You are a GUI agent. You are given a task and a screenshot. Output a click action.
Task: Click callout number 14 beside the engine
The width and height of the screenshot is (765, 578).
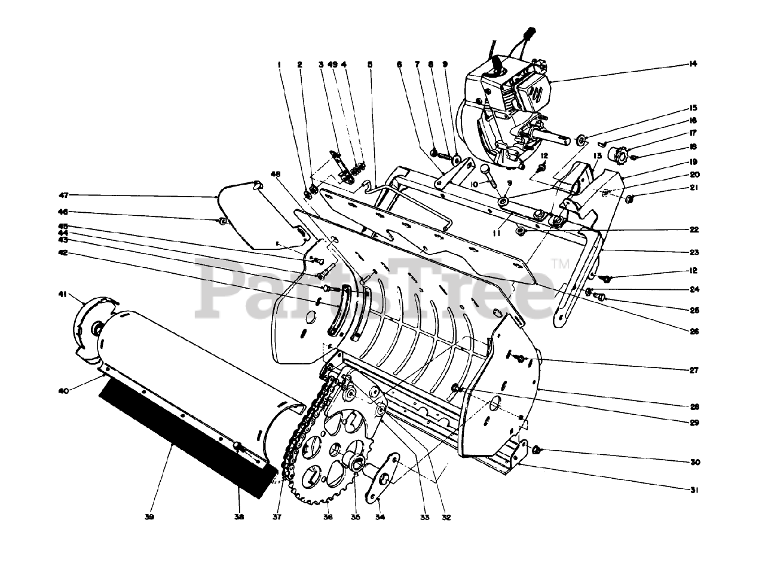coord(694,63)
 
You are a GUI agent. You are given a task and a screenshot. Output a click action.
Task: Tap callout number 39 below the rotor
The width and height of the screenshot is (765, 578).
coord(149,517)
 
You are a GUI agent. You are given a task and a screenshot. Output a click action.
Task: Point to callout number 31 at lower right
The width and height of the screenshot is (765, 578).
coord(694,490)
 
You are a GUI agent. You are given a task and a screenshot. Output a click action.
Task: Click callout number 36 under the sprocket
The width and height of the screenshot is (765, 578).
coord(328,517)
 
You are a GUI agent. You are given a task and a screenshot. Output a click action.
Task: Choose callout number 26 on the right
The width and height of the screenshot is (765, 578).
coord(694,332)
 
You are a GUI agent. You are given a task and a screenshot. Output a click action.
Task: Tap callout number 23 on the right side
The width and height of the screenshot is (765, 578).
coord(694,252)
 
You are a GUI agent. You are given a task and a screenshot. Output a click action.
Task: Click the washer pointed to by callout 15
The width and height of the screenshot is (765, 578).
coord(580,140)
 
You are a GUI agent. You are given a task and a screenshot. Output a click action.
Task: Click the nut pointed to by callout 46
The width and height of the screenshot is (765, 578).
coord(222,222)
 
